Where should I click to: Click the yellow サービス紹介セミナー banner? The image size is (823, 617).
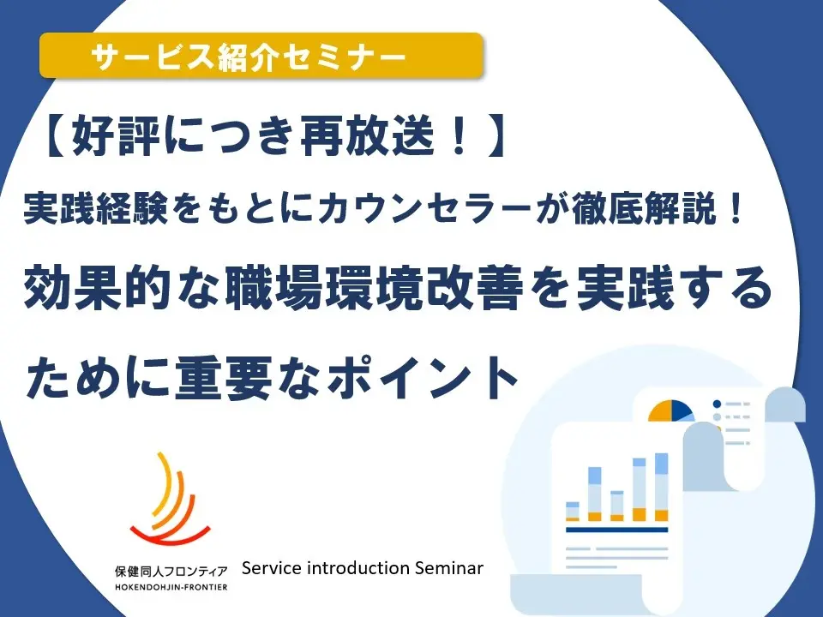pyautogui.click(x=261, y=57)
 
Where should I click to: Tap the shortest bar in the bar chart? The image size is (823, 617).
pyautogui.click(x=573, y=512)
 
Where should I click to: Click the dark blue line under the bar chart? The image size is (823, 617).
pyautogui.click(x=616, y=530)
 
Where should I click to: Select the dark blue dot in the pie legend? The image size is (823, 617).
pyautogui.click(x=717, y=404)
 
